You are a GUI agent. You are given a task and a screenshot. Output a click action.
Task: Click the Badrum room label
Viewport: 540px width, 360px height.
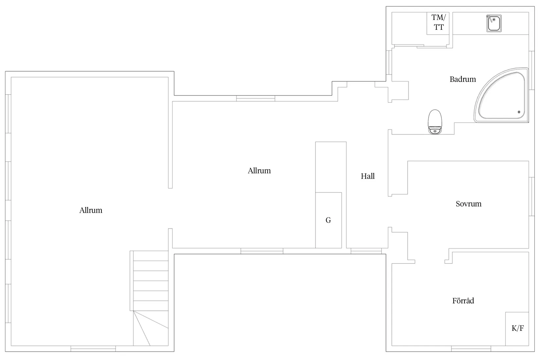(x=463, y=79)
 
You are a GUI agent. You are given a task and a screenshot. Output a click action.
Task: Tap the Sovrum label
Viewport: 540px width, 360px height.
(x=468, y=204)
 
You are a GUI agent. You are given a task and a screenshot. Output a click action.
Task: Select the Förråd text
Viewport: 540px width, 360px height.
(x=463, y=301)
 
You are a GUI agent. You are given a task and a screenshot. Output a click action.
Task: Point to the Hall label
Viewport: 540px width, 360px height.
(x=368, y=176)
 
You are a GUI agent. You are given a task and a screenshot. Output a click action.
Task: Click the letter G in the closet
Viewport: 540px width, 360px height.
(x=328, y=220)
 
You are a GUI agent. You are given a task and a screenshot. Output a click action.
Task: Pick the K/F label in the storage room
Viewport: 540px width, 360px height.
(x=517, y=328)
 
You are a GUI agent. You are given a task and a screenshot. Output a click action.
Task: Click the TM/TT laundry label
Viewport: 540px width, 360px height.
(x=439, y=22)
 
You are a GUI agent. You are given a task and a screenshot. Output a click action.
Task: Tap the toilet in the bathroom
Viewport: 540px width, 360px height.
(x=435, y=122)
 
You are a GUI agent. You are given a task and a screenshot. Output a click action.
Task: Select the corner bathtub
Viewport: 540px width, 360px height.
(x=501, y=95)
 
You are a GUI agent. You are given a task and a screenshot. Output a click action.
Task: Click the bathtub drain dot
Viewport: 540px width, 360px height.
(x=519, y=112)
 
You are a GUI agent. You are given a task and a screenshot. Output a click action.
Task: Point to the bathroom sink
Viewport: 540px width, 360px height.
(x=494, y=23)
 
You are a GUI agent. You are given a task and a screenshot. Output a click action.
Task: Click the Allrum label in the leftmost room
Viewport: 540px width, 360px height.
(x=91, y=210)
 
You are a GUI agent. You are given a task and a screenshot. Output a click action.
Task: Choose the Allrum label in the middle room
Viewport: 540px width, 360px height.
(x=259, y=171)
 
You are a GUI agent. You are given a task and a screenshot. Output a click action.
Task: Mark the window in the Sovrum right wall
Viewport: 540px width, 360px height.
(x=531, y=196)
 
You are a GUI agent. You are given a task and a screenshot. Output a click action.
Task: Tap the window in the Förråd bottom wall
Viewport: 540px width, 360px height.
(x=471, y=349)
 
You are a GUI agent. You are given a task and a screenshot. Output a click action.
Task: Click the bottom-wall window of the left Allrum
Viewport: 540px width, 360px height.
(x=93, y=349)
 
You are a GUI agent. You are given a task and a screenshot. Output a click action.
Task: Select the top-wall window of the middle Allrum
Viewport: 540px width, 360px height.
(x=256, y=99)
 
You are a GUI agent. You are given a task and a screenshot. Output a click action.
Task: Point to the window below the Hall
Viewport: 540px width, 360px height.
(x=366, y=251)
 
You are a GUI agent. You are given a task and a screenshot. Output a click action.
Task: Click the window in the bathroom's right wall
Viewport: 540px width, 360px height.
(x=531, y=70)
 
